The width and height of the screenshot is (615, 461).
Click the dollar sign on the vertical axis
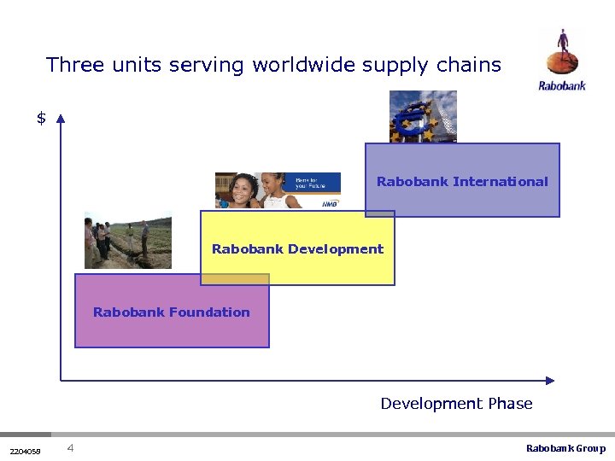click(x=41, y=119)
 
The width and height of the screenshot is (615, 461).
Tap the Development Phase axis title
click(x=456, y=404)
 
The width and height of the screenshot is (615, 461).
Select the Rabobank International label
click(x=462, y=182)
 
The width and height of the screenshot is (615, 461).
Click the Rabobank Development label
click(x=297, y=249)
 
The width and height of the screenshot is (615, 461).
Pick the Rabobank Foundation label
click(x=171, y=312)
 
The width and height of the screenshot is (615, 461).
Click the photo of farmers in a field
click(x=127, y=242)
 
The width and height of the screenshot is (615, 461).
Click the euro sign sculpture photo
click(x=423, y=116)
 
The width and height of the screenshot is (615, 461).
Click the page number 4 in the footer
click(x=70, y=448)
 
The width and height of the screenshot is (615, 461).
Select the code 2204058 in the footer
click(x=25, y=450)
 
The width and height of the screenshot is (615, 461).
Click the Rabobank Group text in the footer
click(x=565, y=449)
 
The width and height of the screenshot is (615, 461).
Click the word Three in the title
click(x=73, y=65)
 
